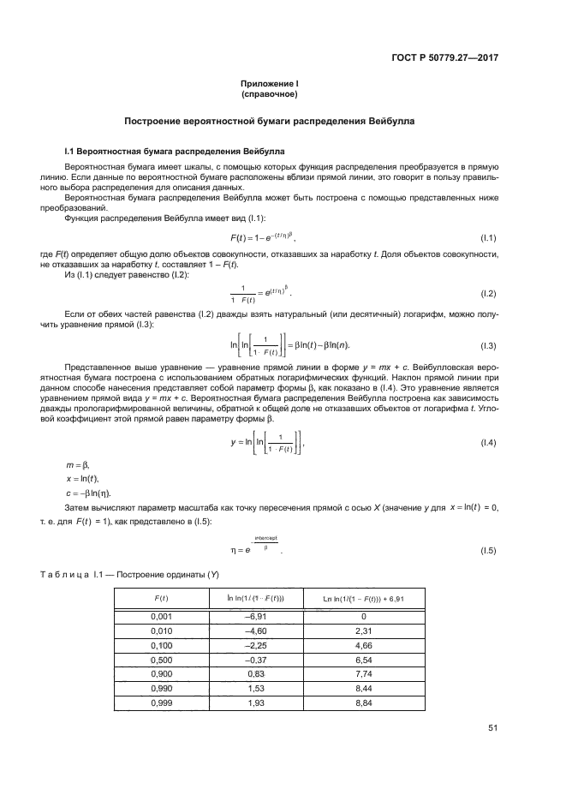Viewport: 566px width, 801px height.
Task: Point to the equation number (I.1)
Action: [x=489, y=237]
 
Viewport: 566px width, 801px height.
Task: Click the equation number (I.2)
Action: [x=489, y=294]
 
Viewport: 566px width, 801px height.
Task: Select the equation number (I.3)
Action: [x=489, y=345]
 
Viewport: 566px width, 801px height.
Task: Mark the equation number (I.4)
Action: [x=489, y=443]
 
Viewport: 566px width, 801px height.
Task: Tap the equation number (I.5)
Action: [x=489, y=549]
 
